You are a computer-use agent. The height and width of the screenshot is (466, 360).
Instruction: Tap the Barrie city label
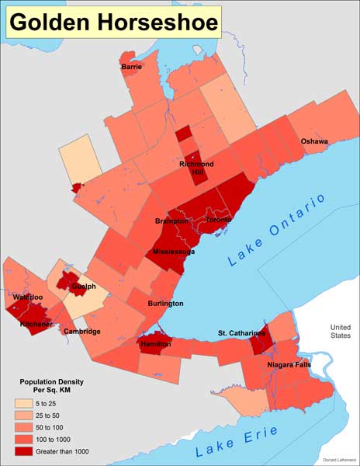tap(131, 68)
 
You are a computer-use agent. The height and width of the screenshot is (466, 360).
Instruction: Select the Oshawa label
tap(314, 141)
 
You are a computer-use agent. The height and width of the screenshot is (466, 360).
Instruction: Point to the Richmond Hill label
tap(196, 169)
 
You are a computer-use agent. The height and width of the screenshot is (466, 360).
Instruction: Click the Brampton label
tap(172, 221)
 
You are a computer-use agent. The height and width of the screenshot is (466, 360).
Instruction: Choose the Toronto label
tap(218, 220)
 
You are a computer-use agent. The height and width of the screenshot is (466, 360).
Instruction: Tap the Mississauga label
tap(173, 252)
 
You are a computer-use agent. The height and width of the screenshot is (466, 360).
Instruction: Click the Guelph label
tap(83, 287)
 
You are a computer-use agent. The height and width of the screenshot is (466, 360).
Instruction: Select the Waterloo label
tap(28, 297)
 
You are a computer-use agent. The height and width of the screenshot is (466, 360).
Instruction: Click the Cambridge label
tap(82, 332)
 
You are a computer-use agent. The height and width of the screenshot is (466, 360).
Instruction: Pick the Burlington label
tap(166, 304)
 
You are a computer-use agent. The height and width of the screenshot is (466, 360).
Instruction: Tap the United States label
tap(341, 332)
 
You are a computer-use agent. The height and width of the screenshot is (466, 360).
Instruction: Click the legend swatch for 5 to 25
tap(27, 403)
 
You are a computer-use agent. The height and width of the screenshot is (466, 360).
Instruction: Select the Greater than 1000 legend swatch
tap(27, 450)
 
